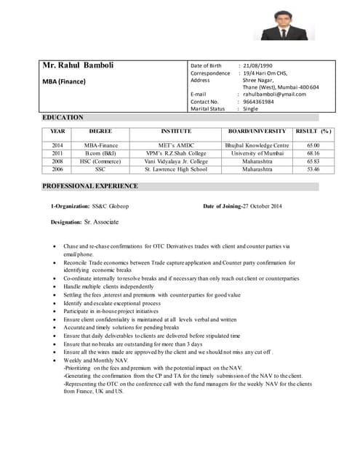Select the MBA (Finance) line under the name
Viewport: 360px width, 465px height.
(66, 82)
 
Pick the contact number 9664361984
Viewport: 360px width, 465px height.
(259, 102)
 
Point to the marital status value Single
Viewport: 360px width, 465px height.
(251, 109)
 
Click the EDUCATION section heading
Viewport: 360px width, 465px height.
(63, 117)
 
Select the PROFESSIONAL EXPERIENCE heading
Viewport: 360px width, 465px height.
(90, 186)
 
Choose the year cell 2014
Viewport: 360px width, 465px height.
(57, 145)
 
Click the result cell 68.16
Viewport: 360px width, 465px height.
(313, 153)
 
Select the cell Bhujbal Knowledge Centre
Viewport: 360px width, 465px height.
(257, 145)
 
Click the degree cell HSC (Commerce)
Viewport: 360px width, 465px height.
(100, 161)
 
